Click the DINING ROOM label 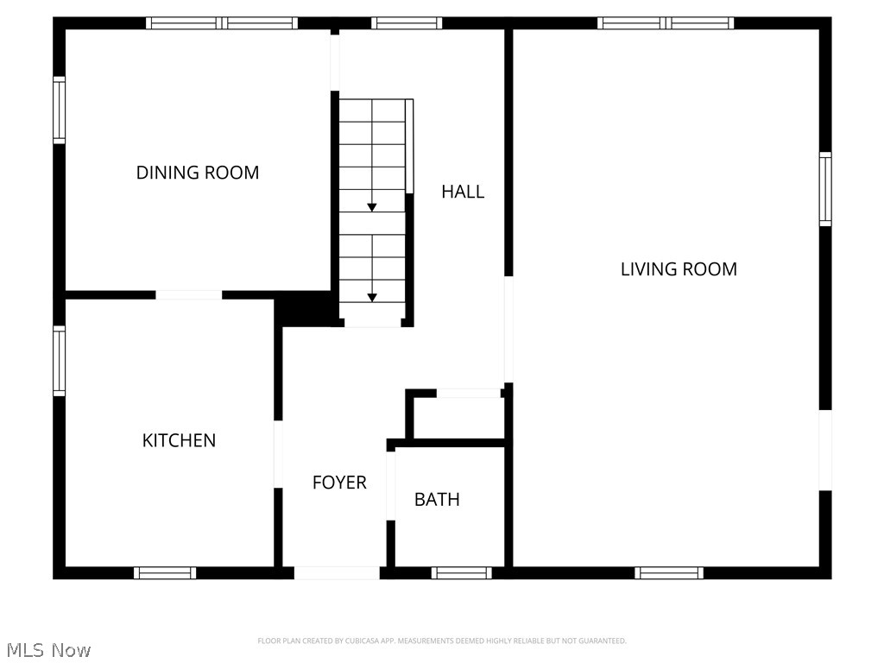198,173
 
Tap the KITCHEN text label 179,440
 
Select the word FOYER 339,483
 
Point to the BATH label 437,499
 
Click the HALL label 463,192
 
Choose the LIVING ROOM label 679,268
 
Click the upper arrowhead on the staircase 372,207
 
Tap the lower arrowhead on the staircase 372,297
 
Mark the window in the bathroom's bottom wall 461,572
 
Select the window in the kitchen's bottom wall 165,572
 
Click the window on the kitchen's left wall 59,360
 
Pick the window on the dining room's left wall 59,110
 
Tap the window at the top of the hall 407,23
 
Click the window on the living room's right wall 825,189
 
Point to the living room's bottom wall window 669,572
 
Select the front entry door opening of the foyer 337,572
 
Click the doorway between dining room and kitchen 188,295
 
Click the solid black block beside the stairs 305,309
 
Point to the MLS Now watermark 47,650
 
